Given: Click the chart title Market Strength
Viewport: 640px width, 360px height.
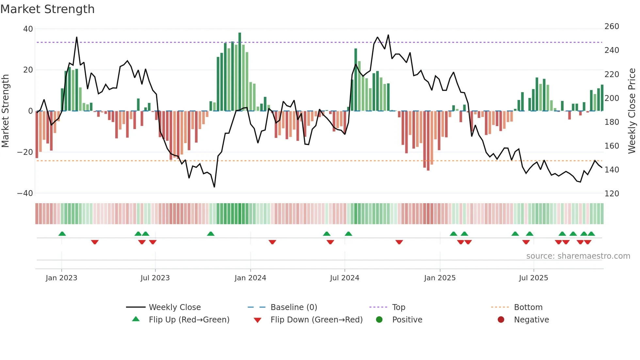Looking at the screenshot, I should coord(47,9).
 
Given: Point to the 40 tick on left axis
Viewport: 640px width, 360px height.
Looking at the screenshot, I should coord(28,29).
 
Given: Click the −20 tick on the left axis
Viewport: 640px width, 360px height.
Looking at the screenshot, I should coord(25,152).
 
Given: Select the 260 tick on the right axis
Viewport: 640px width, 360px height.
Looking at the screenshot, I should coord(612,26).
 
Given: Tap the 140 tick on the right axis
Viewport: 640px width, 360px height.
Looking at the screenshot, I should coord(612,170).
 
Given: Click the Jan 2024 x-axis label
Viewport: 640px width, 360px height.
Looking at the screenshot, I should coord(250,278).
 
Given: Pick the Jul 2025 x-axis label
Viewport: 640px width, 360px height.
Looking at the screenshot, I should coord(533,278).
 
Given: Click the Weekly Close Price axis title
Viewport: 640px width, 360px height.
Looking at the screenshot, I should coord(632,111).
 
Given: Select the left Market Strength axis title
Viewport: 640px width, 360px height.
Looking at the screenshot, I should coord(5,111).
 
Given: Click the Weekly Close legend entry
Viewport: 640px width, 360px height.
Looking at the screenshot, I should coord(174,307).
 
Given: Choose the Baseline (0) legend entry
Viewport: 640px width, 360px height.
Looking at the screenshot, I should coord(294,307).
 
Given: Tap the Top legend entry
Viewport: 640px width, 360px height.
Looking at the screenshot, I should coord(398,307).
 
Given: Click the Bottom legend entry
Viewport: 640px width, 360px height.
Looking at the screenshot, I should coord(528,307).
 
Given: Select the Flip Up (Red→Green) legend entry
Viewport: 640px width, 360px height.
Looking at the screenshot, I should coord(189,320).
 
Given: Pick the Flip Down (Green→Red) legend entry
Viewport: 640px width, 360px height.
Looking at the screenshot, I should coord(316,320).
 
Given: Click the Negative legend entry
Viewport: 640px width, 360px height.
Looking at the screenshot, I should coord(531,320).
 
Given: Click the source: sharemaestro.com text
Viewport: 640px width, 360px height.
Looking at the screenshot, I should coord(578,256).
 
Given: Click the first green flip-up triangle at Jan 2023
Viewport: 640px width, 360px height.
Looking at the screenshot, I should coord(62,234).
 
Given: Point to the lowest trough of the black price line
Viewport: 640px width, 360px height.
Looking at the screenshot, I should coord(214,187).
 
